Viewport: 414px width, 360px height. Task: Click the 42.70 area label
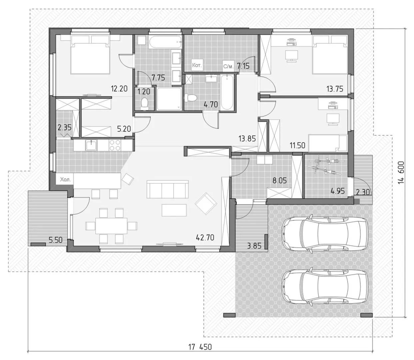(x=205, y=238)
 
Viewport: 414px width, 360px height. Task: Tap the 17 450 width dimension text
(x=200, y=347)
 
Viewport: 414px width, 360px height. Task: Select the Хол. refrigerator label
(x=66, y=179)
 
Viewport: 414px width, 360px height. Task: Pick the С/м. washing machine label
(x=228, y=66)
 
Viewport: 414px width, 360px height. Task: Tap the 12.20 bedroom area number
(x=119, y=88)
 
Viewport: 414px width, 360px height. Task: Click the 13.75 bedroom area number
(x=335, y=89)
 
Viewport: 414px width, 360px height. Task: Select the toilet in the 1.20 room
(x=145, y=104)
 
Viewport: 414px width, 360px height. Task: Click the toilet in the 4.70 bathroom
(x=191, y=98)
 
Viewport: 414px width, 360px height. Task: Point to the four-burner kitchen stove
(x=115, y=145)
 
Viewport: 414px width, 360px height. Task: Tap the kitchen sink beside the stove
(x=91, y=145)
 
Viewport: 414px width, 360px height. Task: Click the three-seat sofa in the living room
(x=168, y=189)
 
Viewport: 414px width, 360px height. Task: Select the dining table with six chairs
(x=112, y=226)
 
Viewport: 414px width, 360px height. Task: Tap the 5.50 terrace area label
(x=56, y=240)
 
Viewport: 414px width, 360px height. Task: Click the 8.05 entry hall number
(x=280, y=180)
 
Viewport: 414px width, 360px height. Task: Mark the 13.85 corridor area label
(x=247, y=139)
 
